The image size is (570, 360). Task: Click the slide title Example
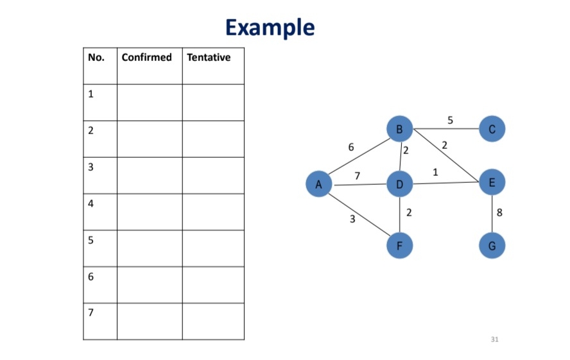[x=270, y=28]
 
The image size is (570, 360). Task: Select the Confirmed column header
[x=147, y=58]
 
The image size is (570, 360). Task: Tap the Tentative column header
[x=209, y=58]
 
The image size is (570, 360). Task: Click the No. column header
[x=96, y=58]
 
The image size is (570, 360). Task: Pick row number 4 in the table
[x=91, y=204]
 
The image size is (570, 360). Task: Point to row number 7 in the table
[x=91, y=313]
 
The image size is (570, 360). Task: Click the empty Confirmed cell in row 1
[x=150, y=102]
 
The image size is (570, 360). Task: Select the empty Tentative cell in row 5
[x=213, y=248]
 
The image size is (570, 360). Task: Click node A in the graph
[x=318, y=185]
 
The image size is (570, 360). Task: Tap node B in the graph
[x=399, y=130]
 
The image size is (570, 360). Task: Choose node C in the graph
[x=492, y=130]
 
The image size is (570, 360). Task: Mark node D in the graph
[x=399, y=185]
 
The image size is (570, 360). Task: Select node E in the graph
[x=492, y=183]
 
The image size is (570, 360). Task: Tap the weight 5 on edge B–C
[x=450, y=120]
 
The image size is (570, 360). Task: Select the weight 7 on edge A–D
[x=357, y=176]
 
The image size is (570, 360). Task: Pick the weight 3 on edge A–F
[x=352, y=219]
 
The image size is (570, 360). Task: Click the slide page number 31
[x=494, y=339]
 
